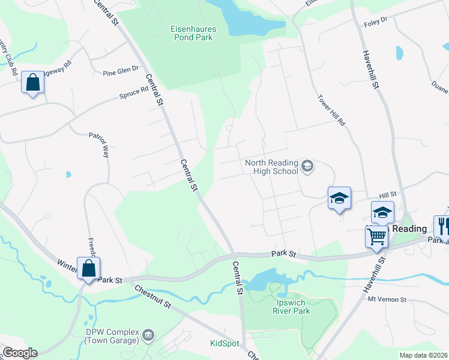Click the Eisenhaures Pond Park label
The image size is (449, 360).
193,32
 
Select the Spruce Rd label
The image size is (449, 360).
133,93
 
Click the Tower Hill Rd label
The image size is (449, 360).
331,112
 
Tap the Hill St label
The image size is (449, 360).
388,195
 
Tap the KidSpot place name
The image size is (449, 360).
224,344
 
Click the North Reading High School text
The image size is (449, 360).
271,167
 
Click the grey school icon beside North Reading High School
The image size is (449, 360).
307,166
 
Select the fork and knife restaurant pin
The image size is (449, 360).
443,226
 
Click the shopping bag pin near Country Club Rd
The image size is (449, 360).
32,82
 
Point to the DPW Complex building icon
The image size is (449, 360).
148,334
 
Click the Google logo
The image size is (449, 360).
20,353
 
